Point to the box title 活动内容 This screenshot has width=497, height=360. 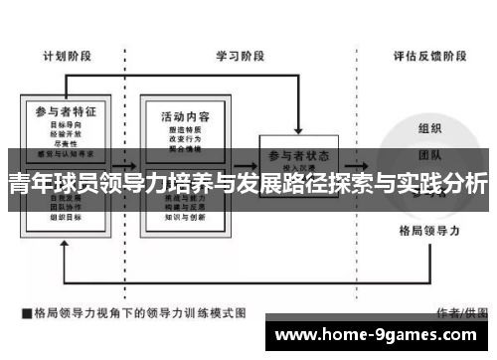click(x=184, y=117)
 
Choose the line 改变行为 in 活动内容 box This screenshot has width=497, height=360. click(x=185, y=140)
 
